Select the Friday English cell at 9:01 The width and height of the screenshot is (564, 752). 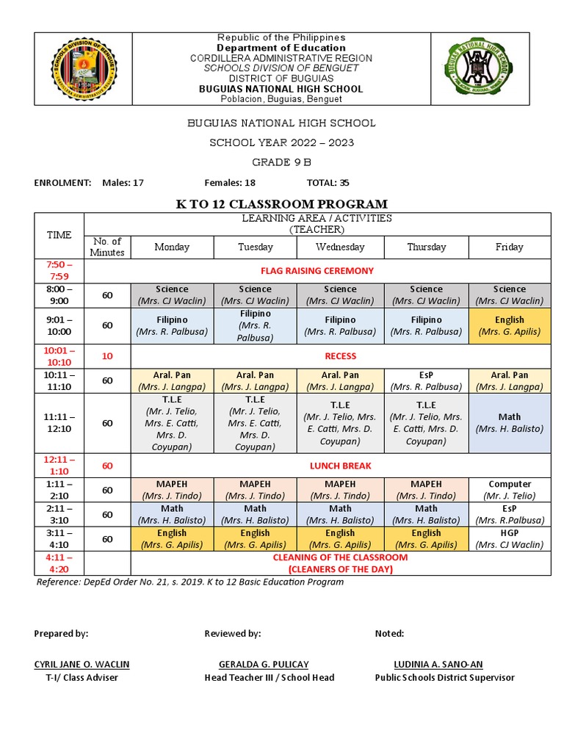509,325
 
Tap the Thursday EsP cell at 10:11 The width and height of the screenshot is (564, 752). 426,380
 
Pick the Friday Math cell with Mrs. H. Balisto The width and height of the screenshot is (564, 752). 509,423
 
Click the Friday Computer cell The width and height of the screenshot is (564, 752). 509,490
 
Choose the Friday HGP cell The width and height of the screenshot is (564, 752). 509,539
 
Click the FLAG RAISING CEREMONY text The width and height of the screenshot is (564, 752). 317,270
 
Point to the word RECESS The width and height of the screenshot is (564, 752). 340,356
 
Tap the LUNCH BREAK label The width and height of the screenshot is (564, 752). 340,466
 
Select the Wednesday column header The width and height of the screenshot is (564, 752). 340,247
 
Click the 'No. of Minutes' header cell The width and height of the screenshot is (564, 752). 107,247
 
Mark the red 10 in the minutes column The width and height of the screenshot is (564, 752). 107,356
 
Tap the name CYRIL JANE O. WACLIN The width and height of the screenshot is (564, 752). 82,665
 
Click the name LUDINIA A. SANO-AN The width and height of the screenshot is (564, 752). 438,665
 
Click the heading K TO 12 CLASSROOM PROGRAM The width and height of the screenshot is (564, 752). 281,204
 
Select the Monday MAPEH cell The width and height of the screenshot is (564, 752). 172,490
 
